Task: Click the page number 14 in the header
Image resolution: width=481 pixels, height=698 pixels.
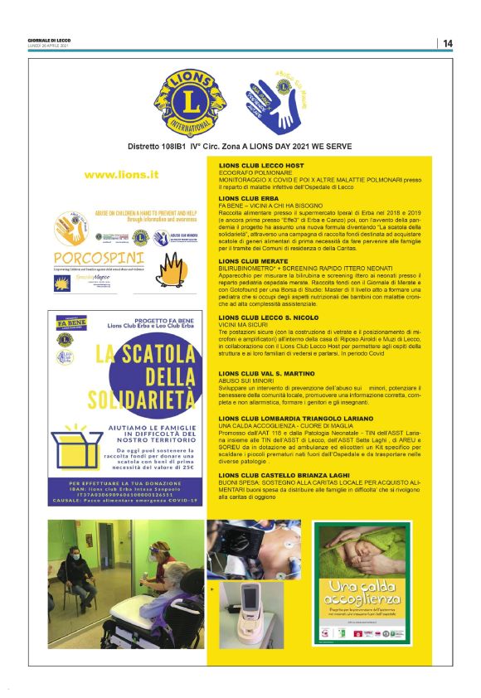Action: (x=448, y=43)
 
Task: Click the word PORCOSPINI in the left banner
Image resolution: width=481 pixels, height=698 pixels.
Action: (x=90, y=255)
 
